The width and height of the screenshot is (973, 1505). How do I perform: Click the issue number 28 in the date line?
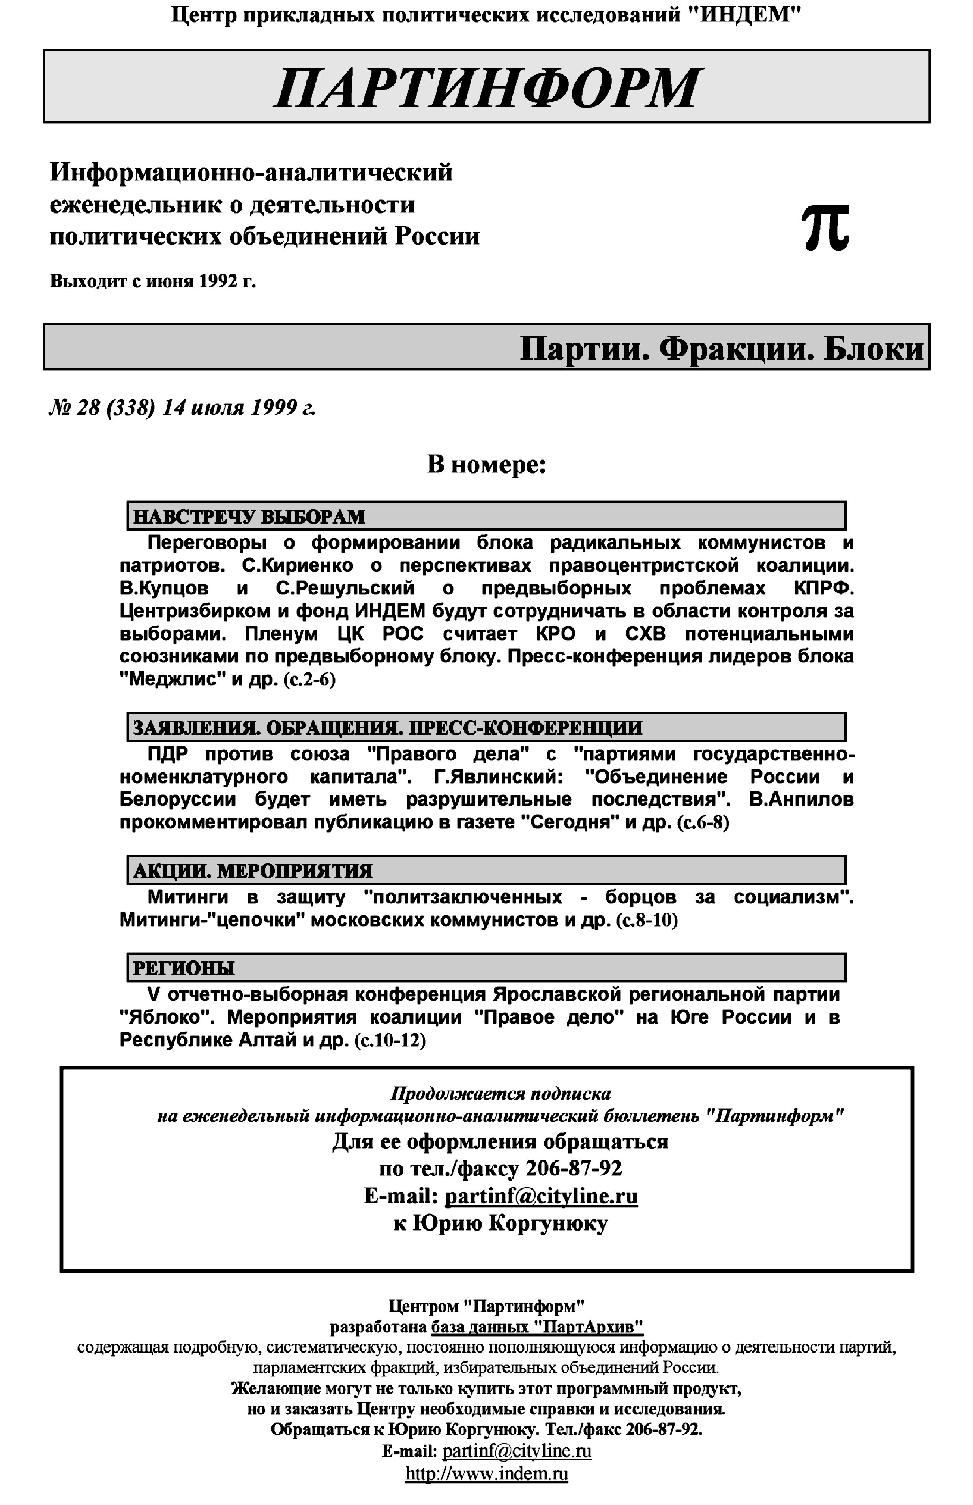(88, 408)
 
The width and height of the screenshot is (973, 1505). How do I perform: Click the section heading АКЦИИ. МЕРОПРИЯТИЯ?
(253, 871)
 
